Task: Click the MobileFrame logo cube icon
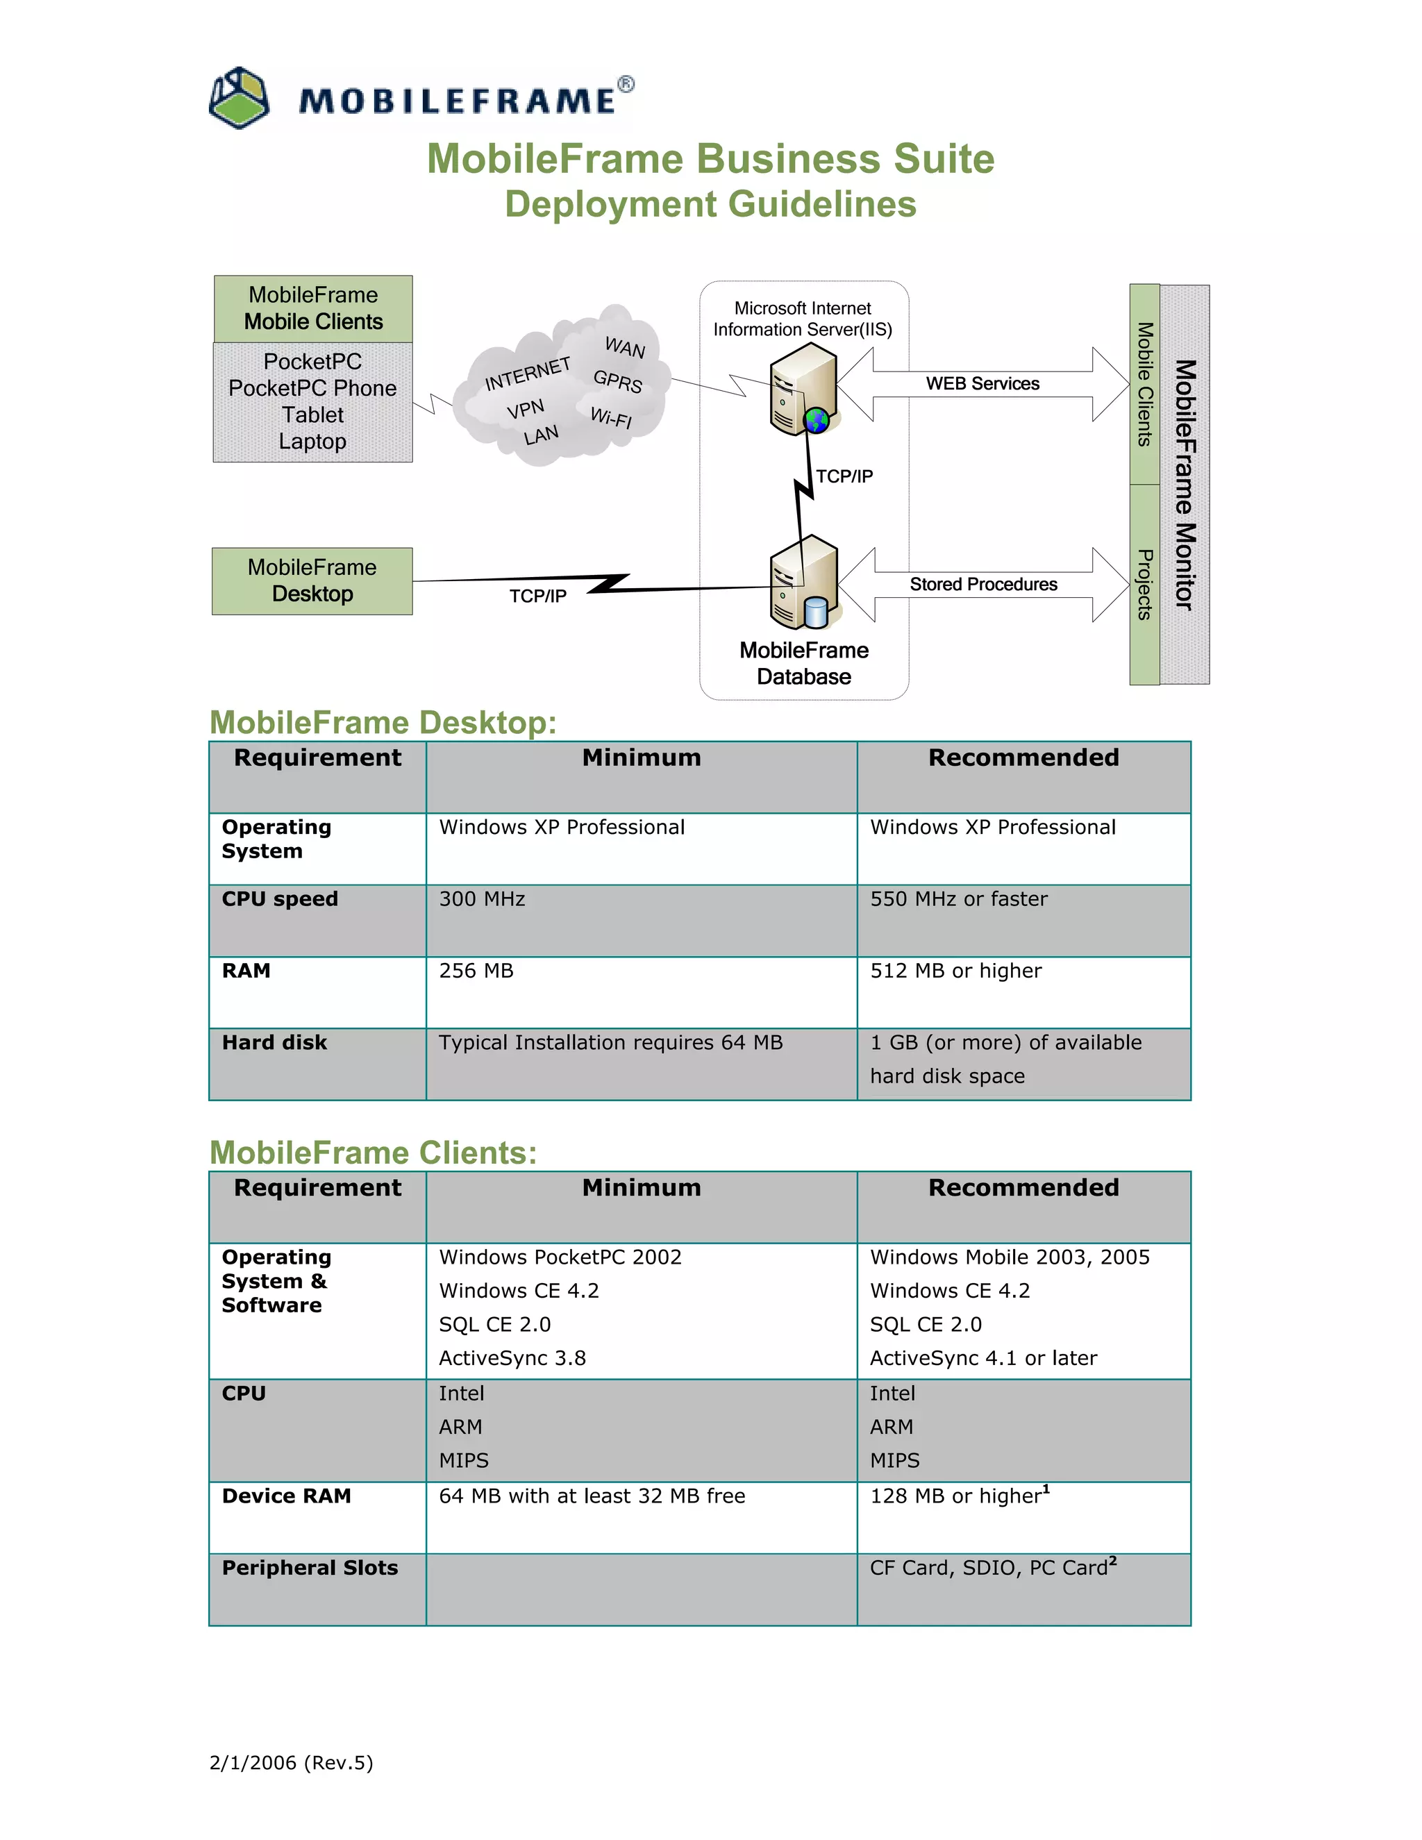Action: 240,99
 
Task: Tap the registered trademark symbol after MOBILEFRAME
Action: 626,84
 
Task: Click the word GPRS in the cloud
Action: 617,380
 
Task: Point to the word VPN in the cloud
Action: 526,410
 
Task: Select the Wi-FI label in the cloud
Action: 611,417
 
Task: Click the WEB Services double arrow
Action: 983,384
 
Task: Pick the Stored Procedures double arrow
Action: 983,585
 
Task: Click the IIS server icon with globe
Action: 803,390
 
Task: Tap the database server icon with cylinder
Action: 803,583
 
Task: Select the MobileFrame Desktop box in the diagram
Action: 312,581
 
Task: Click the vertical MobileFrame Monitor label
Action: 1185,485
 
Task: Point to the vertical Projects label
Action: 1145,585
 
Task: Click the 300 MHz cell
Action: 482,900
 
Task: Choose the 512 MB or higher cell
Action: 955,971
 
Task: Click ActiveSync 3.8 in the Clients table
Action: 512,1358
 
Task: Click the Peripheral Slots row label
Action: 309,1568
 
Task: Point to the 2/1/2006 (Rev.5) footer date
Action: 291,1762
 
